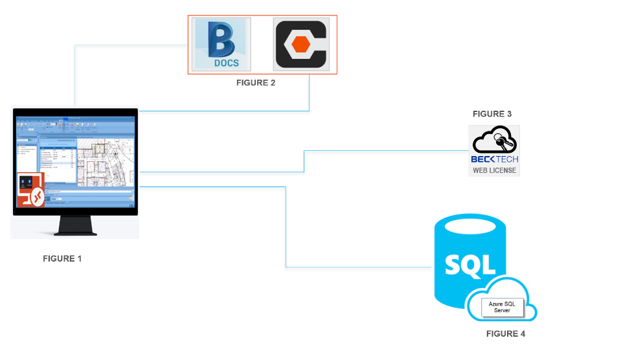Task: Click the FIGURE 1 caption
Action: click(x=62, y=259)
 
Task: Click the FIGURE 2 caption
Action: click(x=256, y=83)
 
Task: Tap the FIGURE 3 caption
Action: click(x=492, y=114)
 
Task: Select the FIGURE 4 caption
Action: click(x=506, y=334)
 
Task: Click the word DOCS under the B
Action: click(x=226, y=63)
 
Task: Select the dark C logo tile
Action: click(x=301, y=44)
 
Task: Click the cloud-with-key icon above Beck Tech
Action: click(x=494, y=141)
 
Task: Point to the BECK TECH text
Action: click(x=494, y=159)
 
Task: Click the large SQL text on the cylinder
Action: click(x=470, y=264)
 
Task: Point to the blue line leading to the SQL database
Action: click(x=286, y=227)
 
